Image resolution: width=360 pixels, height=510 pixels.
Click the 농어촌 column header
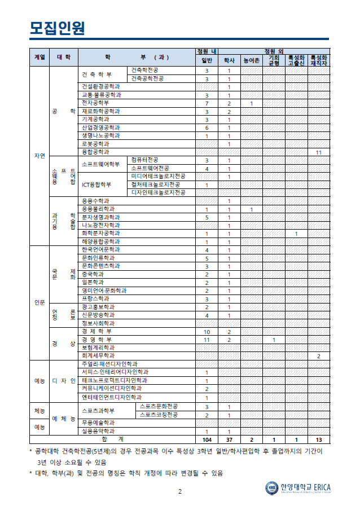[x=251, y=60]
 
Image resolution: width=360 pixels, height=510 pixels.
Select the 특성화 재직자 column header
[x=319, y=60]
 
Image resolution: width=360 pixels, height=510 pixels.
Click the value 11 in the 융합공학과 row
[x=319, y=152]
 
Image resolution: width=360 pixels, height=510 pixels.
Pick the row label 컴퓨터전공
[x=144, y=160]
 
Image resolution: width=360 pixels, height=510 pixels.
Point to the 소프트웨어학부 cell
[x=101, y=164]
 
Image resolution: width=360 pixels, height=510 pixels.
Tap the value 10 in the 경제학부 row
[x=207, y=332]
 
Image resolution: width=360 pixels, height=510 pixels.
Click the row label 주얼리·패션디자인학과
[x=109, y=364]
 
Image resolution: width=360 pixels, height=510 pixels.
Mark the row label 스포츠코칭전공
[x=159, y=415]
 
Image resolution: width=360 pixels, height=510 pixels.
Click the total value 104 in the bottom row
[x=207, y=439]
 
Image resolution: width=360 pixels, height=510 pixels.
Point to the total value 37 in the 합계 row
[x=229, y=439]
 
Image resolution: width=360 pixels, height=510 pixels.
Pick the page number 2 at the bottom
[x=180, y=491]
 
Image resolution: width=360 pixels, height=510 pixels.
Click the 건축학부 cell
[x=96, y=74]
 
